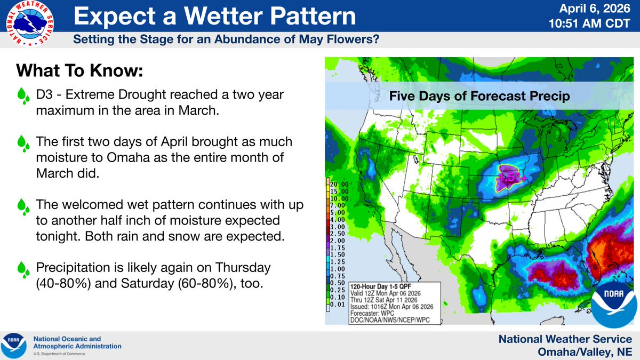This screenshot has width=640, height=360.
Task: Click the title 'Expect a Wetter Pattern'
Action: click(214, 17)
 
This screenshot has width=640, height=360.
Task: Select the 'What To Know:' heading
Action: click(80, 71)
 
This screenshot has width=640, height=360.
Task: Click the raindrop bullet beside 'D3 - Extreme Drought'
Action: click(23, 97)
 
